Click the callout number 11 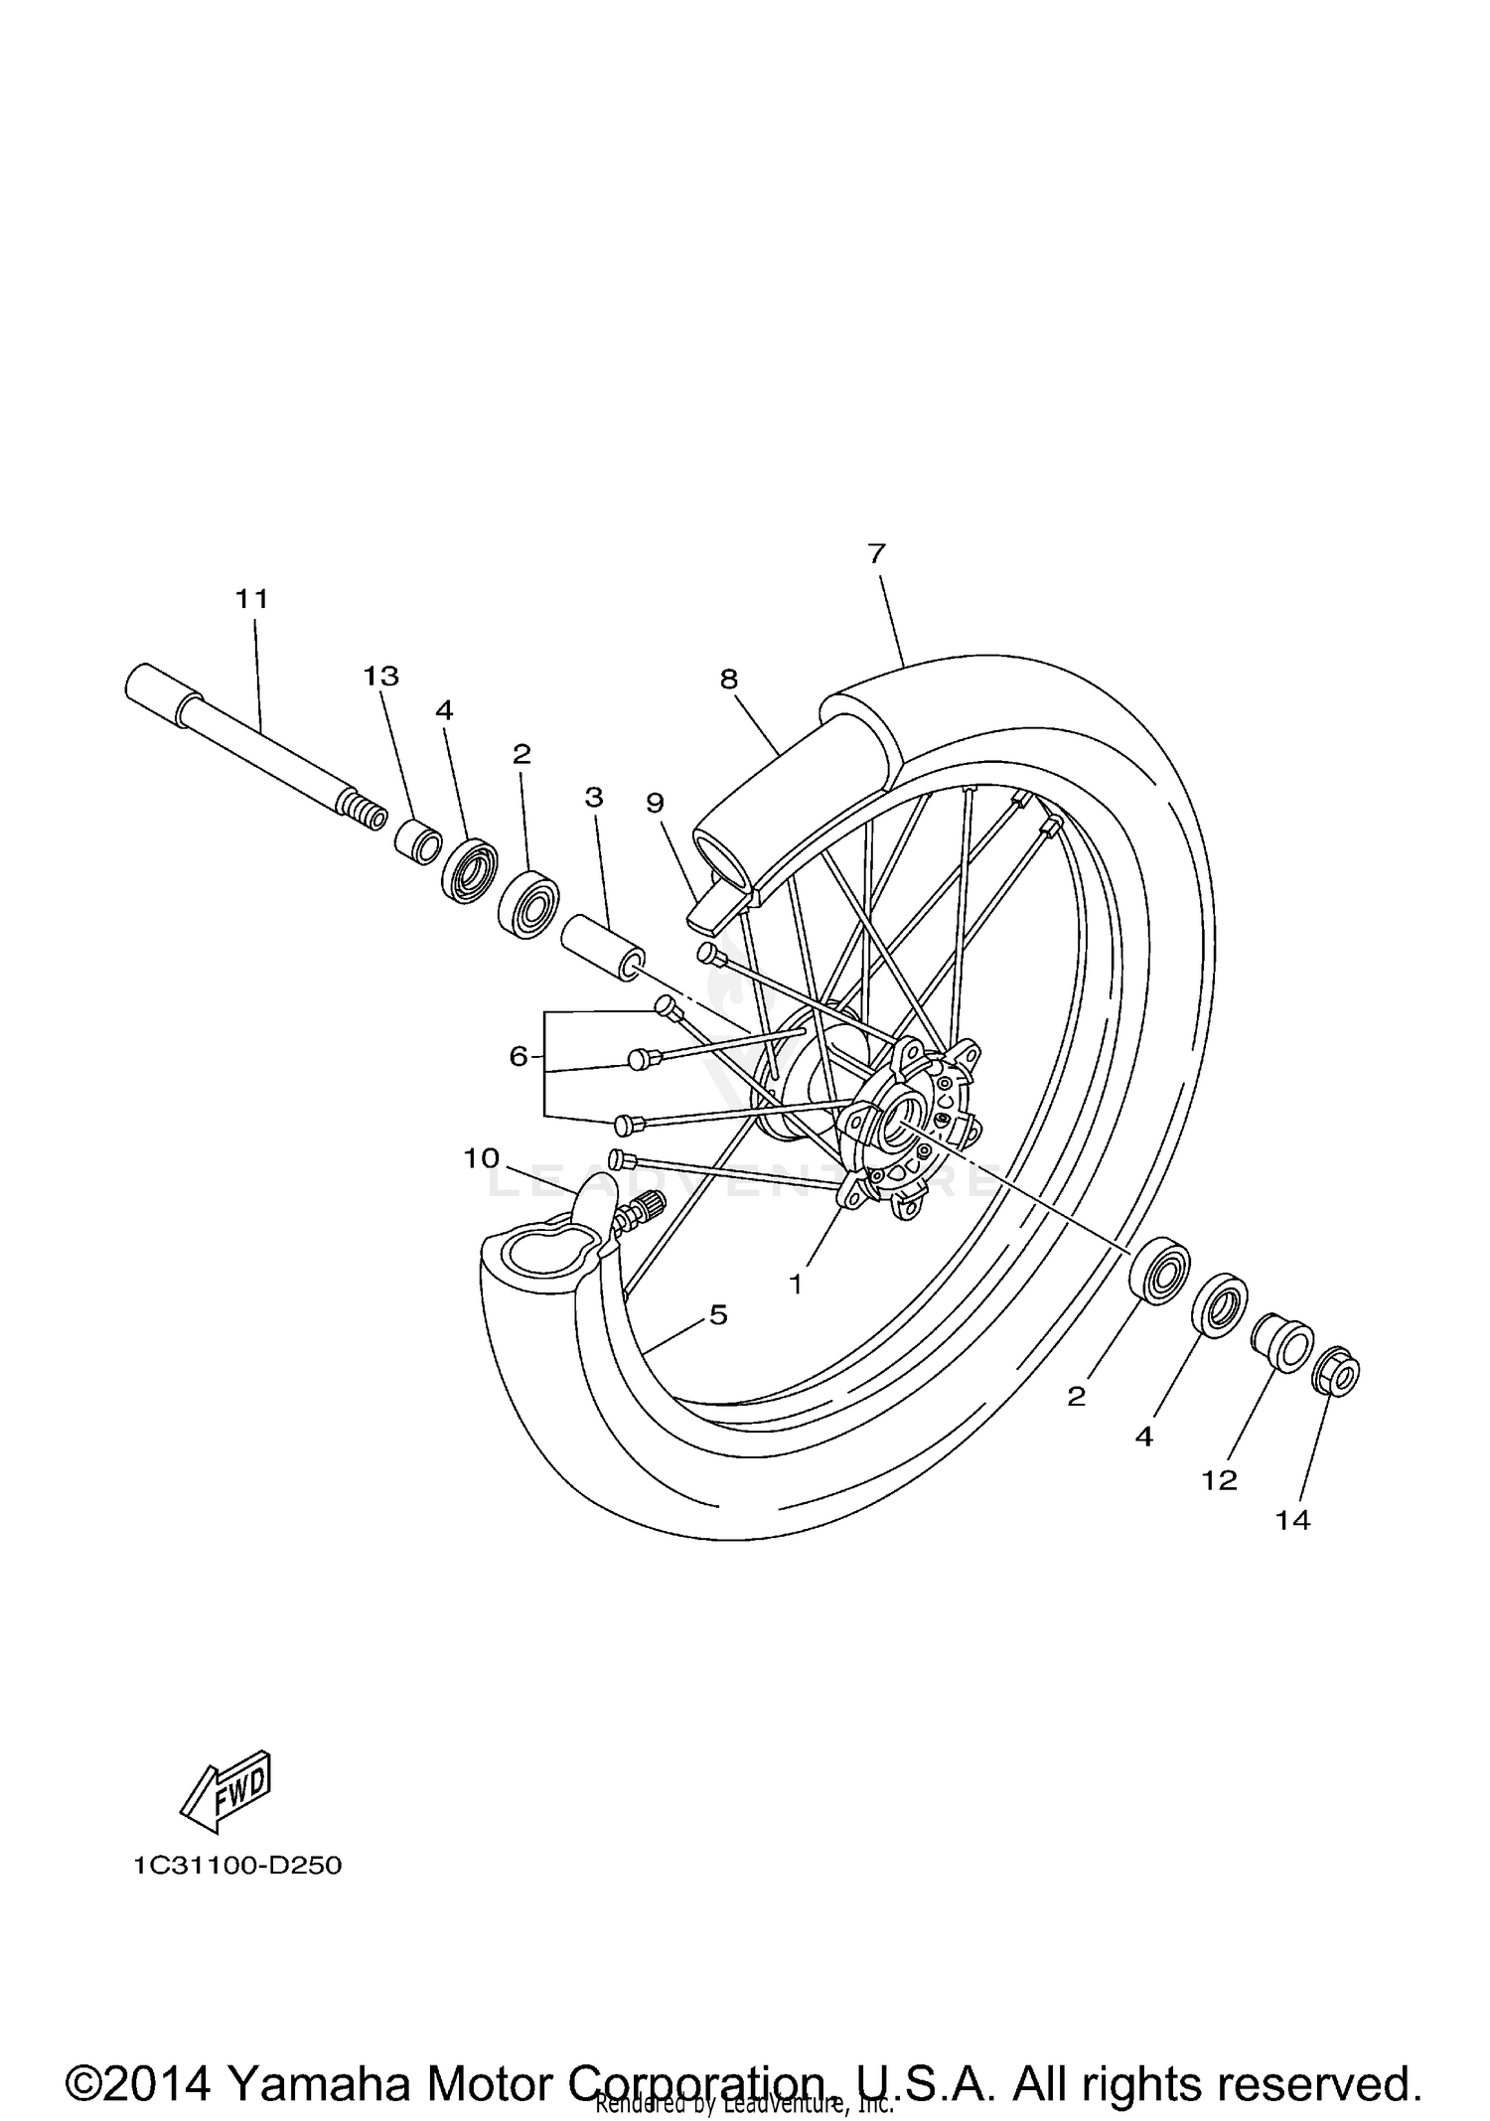point(252,599)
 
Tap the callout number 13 point(380,677)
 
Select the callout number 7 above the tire point(875,554)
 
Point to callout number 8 point(729,680)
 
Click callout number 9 point(655,803)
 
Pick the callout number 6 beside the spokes point(519,1057)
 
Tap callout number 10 point(481,1158)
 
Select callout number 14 point(1293,1548)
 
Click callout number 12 point(1220,1508)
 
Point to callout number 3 point(594,797)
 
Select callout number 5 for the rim point(718,1315)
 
